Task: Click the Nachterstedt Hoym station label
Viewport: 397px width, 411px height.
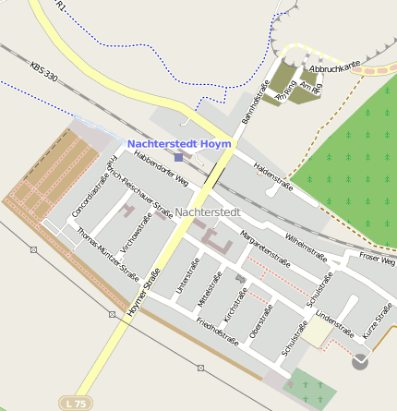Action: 182,144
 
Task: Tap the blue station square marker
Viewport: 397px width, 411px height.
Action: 178,158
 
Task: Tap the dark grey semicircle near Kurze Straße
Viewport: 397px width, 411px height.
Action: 360,362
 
